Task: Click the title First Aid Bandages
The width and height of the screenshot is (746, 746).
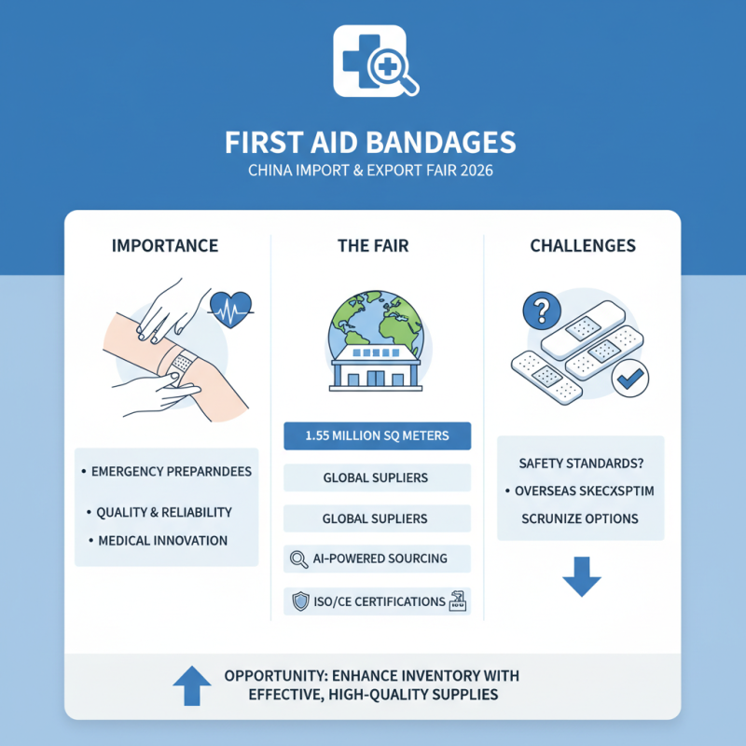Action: click(x=370, y=143)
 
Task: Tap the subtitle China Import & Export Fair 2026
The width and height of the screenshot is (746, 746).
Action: click(x=370, y=173)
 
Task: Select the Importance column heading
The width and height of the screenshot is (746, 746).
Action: click(x=165, y=246)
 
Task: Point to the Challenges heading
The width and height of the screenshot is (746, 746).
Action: click(x=583, y=246)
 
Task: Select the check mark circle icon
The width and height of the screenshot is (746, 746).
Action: click(x=630, y=377)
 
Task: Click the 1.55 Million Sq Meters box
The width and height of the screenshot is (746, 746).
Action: click(x=377, y=436)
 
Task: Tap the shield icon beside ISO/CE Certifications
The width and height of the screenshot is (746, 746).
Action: click(x=300, y=601)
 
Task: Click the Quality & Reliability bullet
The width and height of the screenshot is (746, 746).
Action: click(x=164, y=512)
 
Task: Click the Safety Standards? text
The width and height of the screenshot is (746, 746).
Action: click(x=581, y=463)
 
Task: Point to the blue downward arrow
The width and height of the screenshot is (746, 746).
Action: click(x=581, y=581)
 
